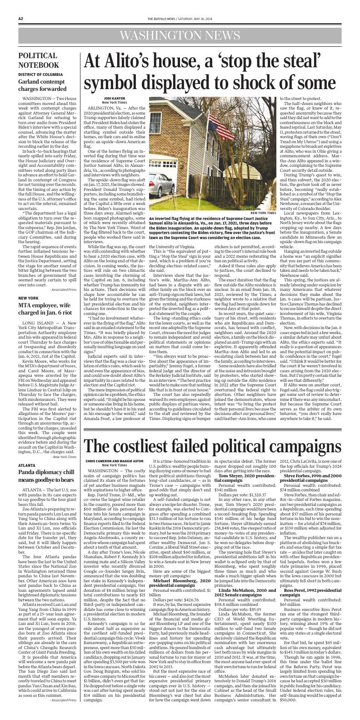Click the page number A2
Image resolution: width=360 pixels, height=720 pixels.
tap(21, 18)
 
